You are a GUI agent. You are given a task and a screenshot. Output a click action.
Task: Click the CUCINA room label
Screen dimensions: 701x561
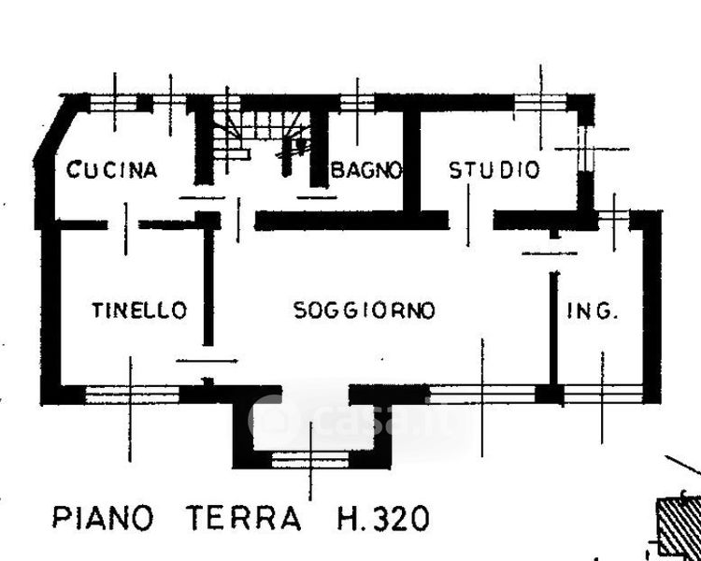pos(112,170)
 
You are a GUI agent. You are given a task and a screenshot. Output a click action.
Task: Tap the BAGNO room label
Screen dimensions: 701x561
pos(366,170)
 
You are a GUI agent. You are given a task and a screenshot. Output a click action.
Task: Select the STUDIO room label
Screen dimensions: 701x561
pos(494,170)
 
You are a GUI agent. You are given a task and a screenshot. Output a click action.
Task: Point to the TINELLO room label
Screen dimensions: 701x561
pos(139,310)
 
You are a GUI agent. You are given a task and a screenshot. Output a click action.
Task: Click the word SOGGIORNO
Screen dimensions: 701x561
pos(365,310)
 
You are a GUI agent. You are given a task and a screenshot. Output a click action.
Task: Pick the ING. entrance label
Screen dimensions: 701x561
pos(593,311)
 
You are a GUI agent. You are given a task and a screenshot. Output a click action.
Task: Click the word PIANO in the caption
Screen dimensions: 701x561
pos(103,518)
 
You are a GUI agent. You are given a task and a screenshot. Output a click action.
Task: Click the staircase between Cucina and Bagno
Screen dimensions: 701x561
pos(262,135)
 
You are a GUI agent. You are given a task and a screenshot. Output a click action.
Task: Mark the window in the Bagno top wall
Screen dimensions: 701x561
pos(357,104)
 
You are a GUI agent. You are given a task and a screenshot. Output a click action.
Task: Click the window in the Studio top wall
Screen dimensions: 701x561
pos(540,104)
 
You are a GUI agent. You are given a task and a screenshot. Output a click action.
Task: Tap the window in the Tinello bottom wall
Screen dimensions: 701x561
pos(132,395)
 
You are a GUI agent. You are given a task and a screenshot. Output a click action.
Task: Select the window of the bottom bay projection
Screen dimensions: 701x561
pos(310,460)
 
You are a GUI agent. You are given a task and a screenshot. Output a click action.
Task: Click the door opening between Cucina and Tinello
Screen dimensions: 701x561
pos(123,224)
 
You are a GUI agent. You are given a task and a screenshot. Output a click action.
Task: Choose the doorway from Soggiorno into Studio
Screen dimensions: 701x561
pos(471,220)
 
